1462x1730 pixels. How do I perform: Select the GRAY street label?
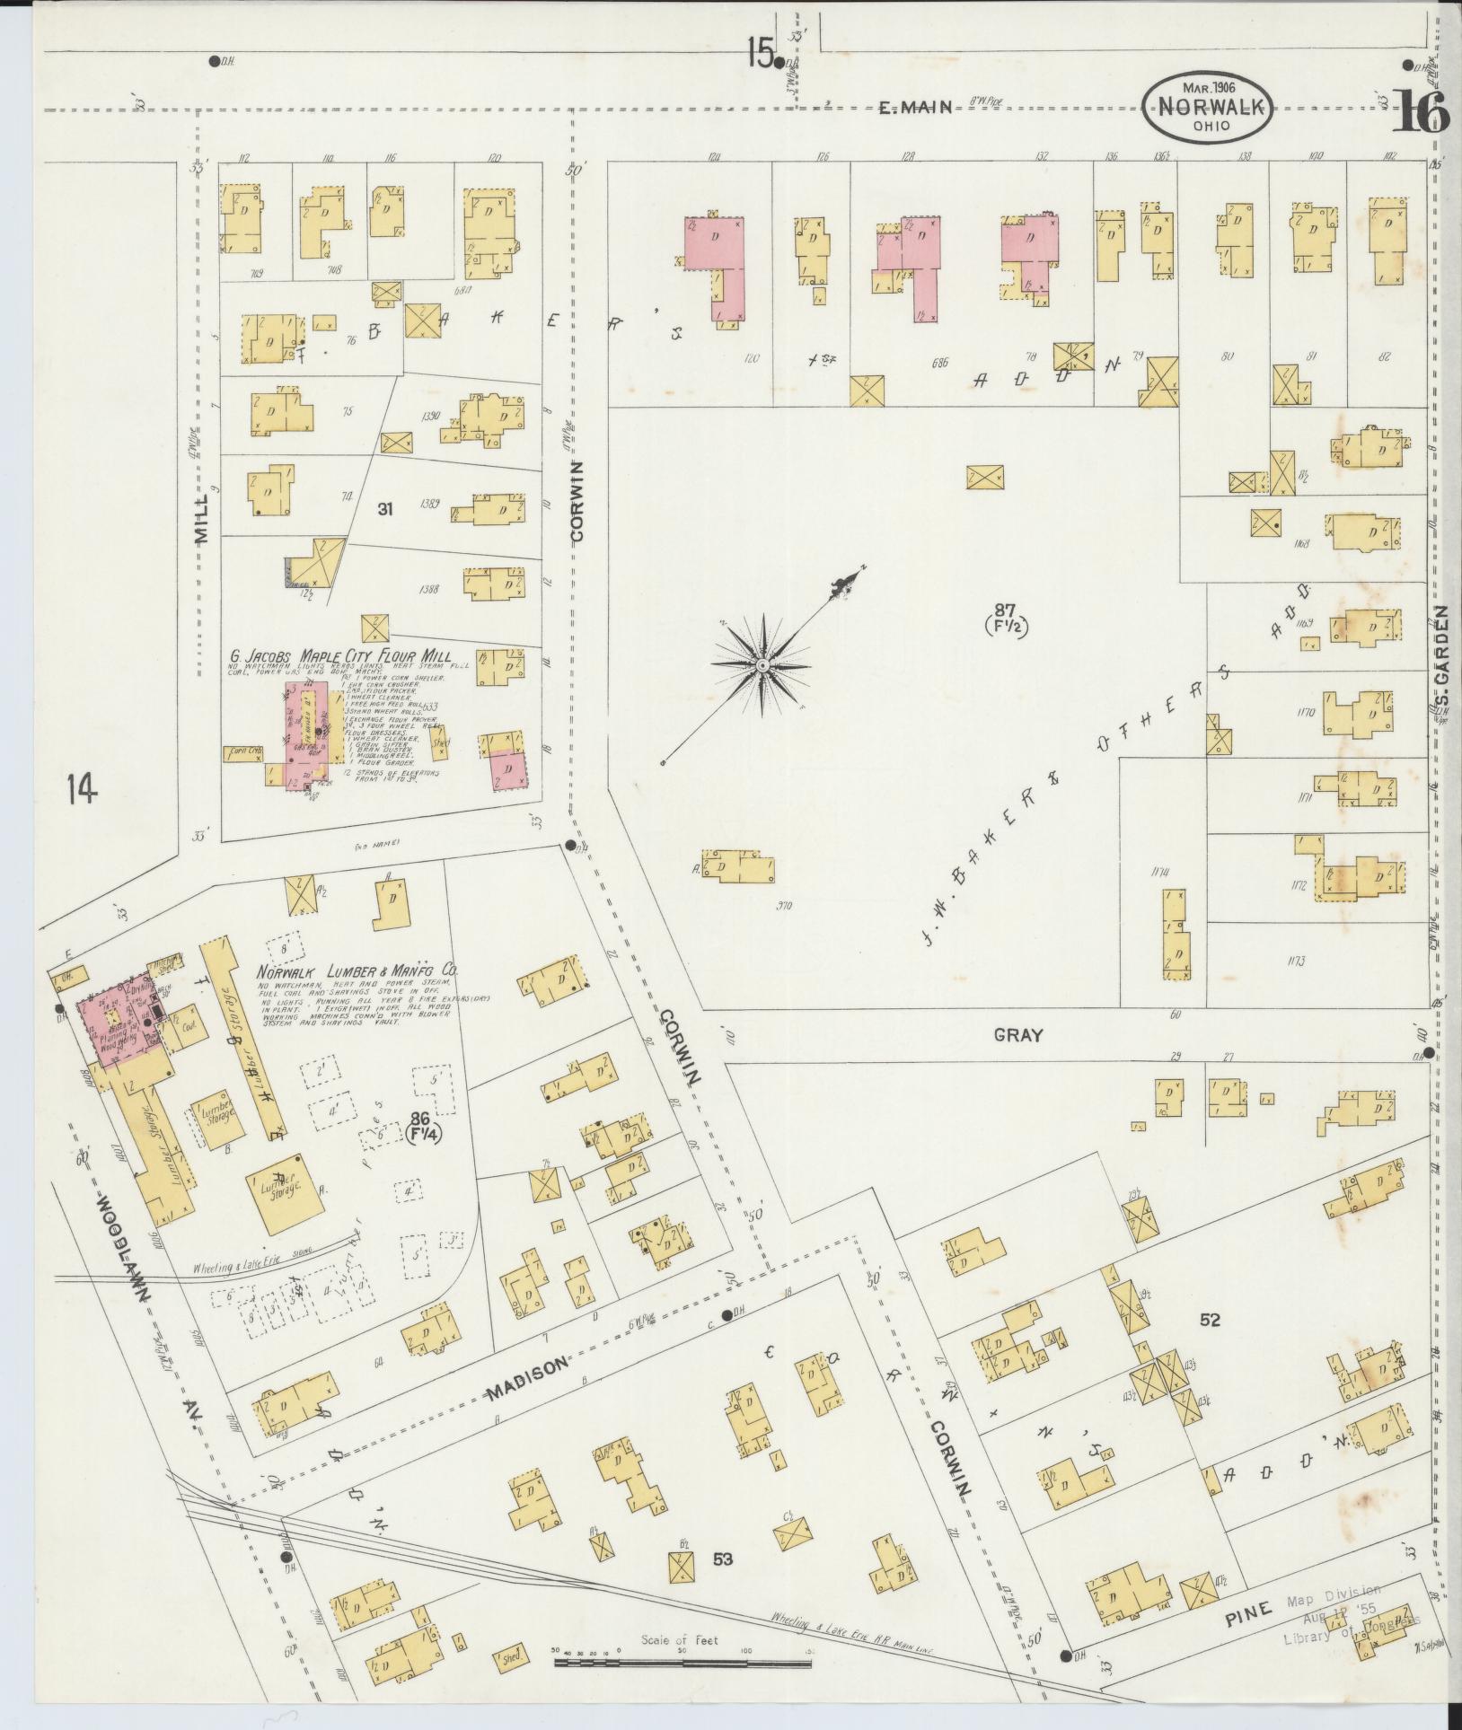(x=1018, y=1035)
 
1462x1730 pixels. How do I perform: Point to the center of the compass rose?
(x=762, y=665)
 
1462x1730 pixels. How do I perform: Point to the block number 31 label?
(x=386, y=509)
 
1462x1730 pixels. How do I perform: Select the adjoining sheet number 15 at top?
(x=760, y=56)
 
